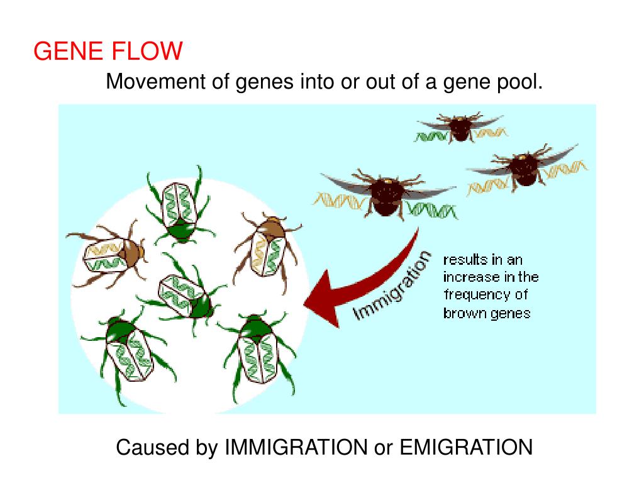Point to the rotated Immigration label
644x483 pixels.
point(394,286)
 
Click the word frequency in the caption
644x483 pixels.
point(477,294)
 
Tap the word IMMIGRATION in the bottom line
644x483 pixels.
point(296,448)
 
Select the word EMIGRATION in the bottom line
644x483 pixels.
point(466,448)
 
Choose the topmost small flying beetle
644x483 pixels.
point(462,128)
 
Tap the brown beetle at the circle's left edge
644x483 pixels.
point(111,255)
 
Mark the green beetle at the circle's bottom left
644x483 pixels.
point(129,352)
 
